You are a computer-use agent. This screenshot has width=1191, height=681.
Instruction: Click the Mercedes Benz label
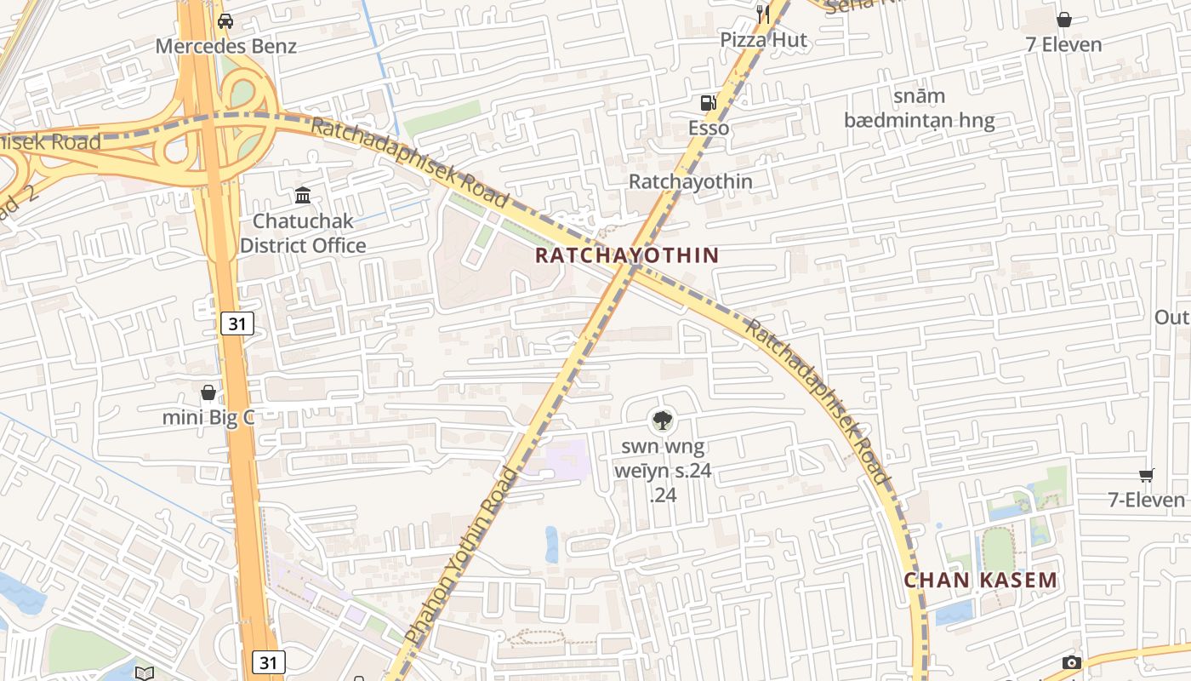point(225,46)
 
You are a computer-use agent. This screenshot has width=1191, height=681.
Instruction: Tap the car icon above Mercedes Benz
point(225,21)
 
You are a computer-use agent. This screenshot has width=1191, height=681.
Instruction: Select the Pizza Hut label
point(764,40)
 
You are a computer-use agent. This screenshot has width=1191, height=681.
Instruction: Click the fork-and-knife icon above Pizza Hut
point(763,14)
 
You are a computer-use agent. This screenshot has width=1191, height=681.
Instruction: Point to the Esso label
point(709,128)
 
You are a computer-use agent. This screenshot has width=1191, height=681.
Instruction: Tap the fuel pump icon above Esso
point(708,103)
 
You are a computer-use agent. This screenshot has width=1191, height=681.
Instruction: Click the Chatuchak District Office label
point(303,233)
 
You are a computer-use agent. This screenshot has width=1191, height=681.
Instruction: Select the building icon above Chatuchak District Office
point(303,196)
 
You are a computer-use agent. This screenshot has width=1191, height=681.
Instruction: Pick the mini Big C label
point(208,417)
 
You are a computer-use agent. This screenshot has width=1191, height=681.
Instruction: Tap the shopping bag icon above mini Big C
point(208,392)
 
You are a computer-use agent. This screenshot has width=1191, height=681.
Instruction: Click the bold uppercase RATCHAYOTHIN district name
point(628,255)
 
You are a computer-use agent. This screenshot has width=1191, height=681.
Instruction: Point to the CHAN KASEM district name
point(980,581)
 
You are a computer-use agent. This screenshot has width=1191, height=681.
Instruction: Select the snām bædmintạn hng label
point(919,108)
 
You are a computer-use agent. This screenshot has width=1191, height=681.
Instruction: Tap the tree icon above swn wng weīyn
point(662,419)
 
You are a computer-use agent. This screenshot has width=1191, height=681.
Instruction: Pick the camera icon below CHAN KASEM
point(1071,662)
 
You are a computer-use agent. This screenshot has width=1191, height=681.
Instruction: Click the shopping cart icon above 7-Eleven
point(1147,475)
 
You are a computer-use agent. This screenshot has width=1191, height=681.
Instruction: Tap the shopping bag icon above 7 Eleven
point(1064,20)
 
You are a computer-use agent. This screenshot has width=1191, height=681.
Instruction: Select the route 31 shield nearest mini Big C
point(238,323)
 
